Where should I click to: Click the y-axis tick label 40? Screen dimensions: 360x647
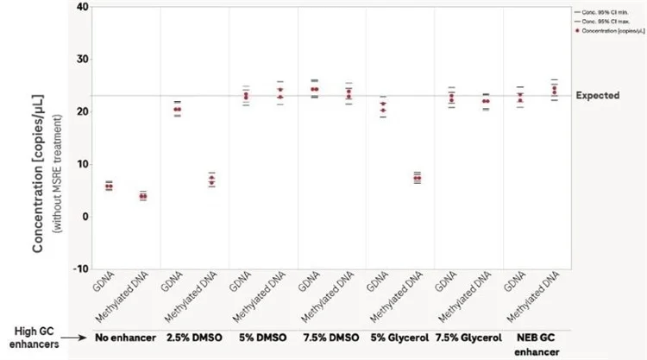80,7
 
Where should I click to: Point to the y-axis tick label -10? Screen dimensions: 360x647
79,268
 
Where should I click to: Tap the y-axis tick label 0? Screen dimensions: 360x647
83,216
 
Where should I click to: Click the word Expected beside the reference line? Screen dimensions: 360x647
597,95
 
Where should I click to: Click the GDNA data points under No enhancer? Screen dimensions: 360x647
109,186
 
